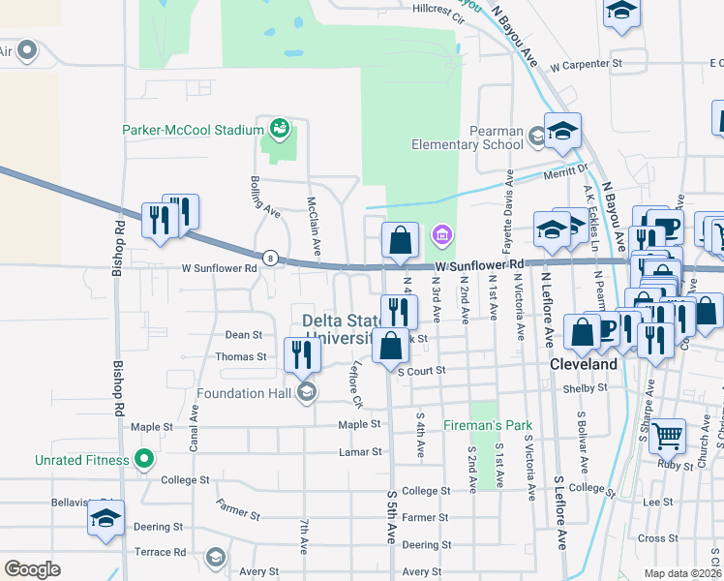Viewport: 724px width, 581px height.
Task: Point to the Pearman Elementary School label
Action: (468, 138)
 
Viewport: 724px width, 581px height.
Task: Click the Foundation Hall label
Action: (245, 393)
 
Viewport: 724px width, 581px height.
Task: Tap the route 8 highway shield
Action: (270, 258)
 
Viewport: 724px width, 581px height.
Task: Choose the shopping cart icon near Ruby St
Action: (667, 436)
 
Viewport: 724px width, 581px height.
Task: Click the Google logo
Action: (32, 568)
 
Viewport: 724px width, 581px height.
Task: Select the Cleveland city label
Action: (584, 365)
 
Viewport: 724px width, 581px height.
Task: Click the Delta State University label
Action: (337, 329)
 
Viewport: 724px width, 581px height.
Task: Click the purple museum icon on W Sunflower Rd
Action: (441, 233)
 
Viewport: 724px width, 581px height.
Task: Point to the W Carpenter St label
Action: (585, 66)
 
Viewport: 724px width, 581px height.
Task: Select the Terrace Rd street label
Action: (160, 552)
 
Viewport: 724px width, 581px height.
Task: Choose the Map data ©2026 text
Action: (682, 573)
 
